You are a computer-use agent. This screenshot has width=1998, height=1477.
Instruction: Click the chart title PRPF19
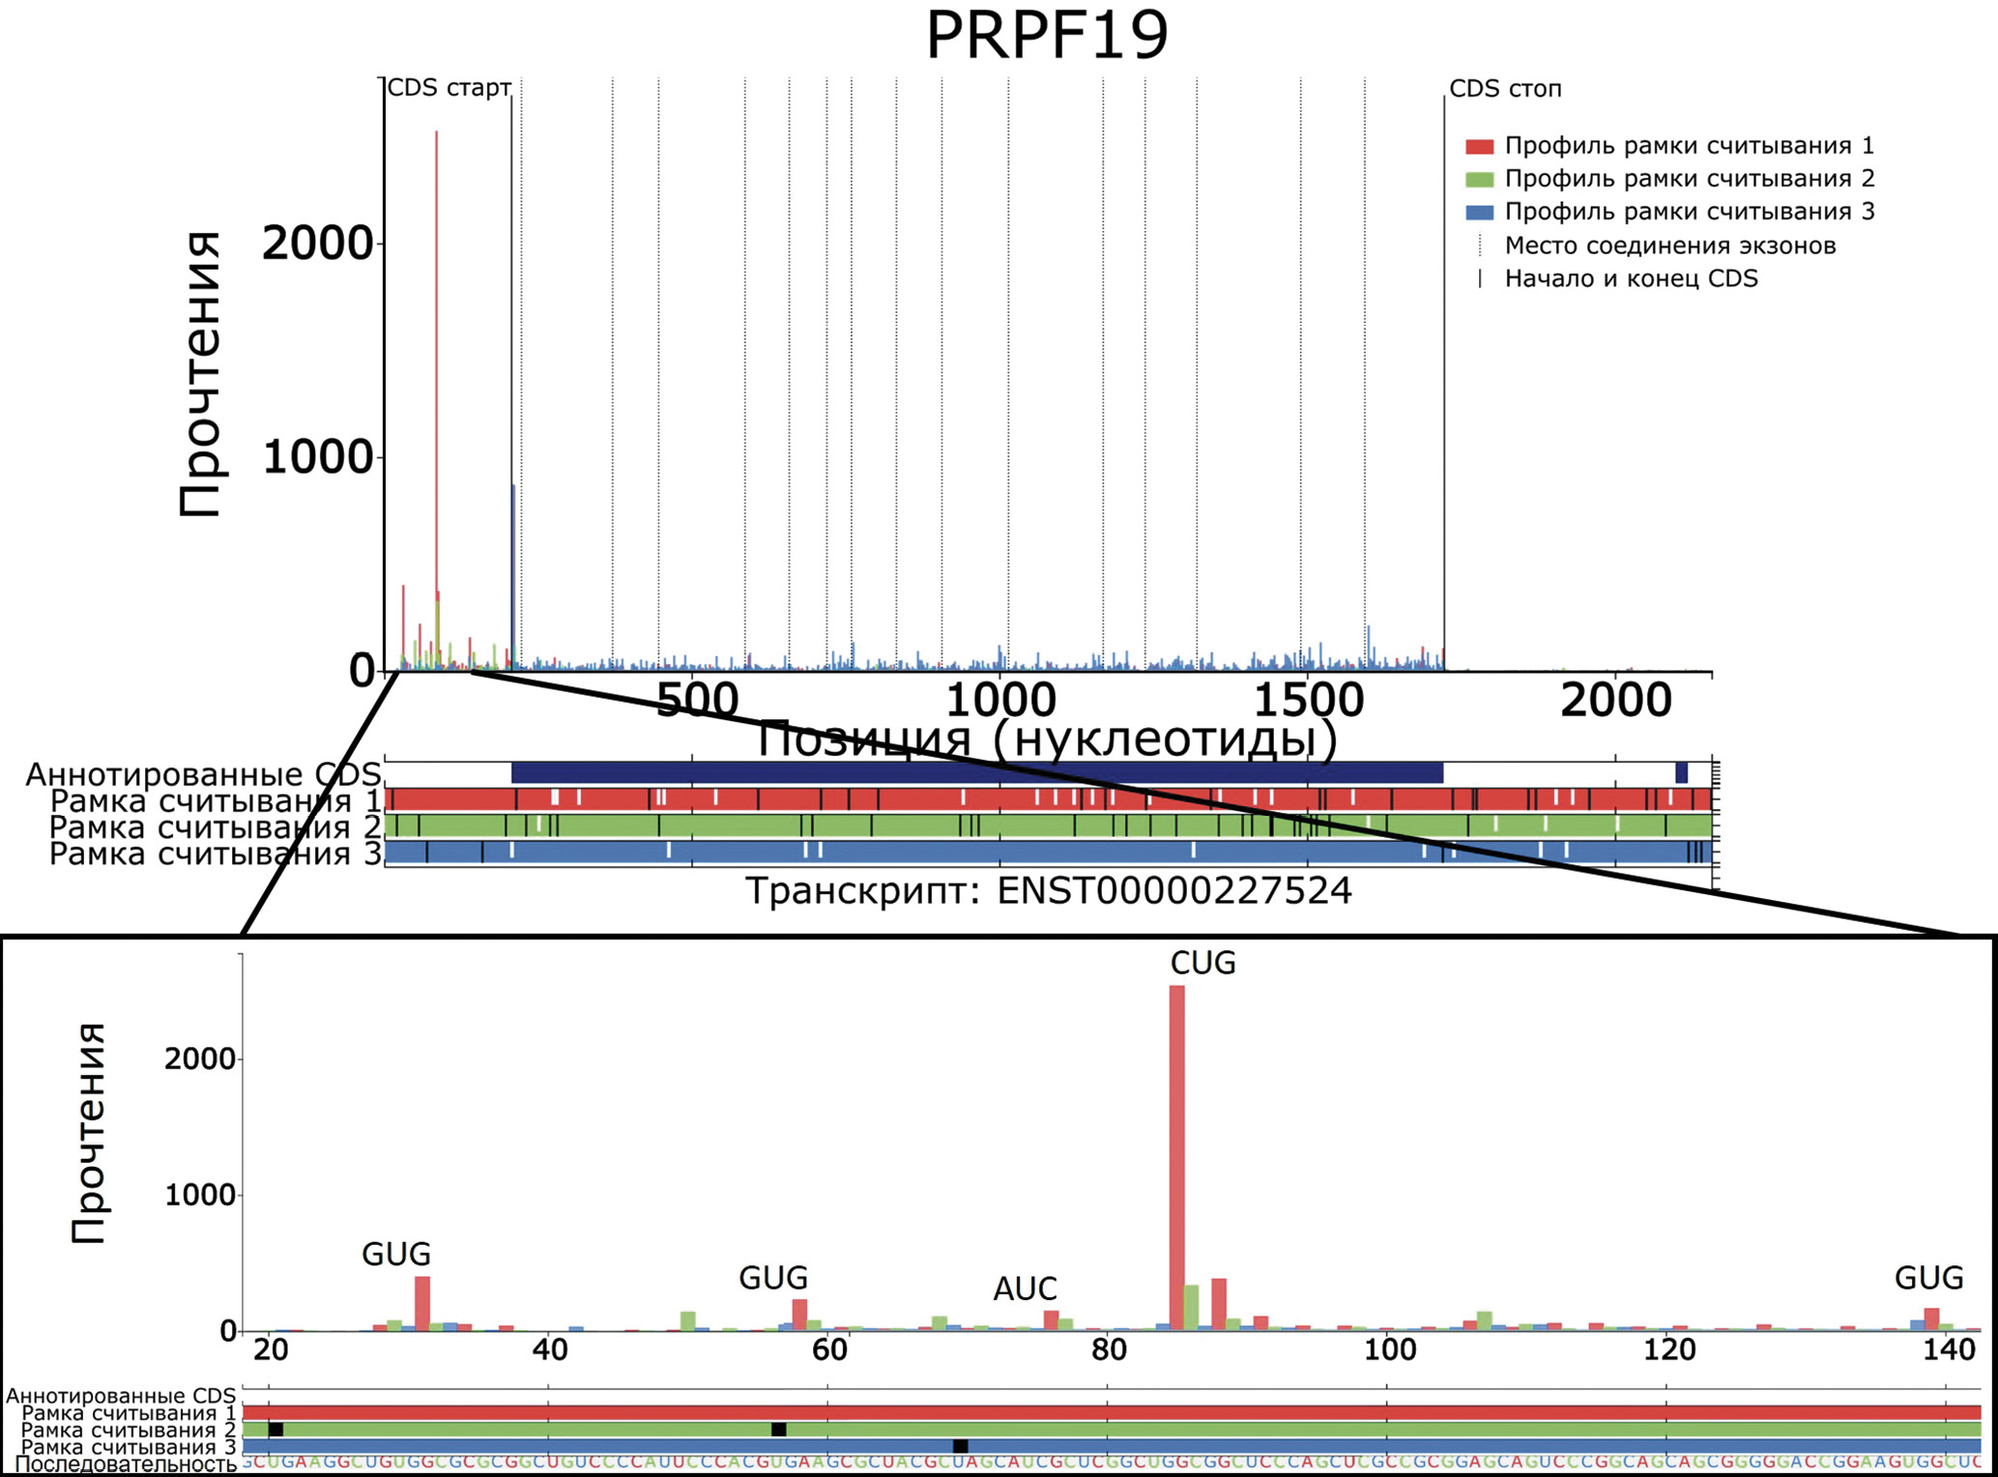coord(1047,35)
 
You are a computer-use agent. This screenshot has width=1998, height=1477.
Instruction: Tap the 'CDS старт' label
coord(449,88)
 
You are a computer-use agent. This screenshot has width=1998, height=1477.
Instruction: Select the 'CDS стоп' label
coord(1505,89)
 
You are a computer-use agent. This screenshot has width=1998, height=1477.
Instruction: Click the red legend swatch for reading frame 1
coord(1479,147)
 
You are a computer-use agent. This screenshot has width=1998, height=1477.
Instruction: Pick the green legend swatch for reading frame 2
coord(1479,180)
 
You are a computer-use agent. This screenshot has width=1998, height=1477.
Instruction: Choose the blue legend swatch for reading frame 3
coord(1479,213)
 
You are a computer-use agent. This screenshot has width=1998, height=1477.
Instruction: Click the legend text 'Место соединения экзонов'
coord(1669,246)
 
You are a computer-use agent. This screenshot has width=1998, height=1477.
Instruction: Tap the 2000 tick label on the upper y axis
coord(317,244)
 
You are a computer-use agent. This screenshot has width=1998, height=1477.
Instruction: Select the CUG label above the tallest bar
coord(1202,963)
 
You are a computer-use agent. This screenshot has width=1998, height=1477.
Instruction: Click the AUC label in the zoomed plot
coord(1025,1289)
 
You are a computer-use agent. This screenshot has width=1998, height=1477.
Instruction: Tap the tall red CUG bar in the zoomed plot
coord(1176,1160)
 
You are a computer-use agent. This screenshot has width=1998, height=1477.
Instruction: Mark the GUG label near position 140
coord(1928,1278)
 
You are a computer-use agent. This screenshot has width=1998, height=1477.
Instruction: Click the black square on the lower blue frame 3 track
coord(960,1446)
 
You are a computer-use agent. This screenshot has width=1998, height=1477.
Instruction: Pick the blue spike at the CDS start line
coord(513,580)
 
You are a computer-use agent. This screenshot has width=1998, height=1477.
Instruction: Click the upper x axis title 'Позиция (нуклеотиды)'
coord(1047,739)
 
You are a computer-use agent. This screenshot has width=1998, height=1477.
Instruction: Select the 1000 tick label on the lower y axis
coord(200,1196)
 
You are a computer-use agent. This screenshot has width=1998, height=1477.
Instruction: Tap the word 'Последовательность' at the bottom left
coord(126,1464)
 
